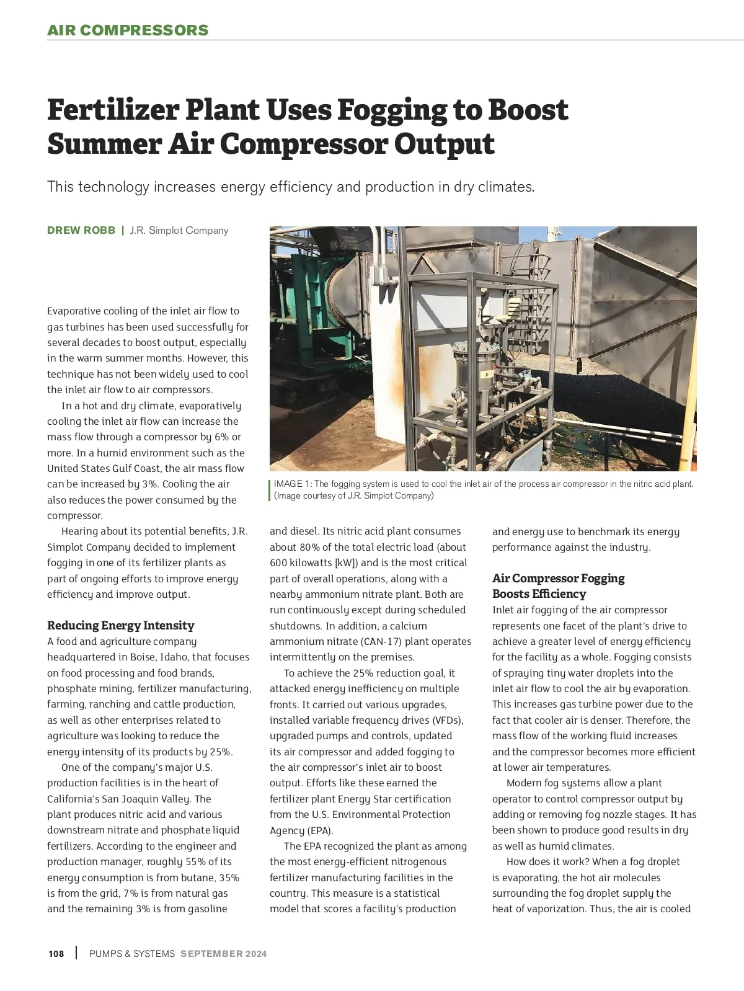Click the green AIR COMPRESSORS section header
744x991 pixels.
coord(128,30)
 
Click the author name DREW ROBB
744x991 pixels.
coord(81,231)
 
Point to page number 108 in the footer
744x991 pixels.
coord(56,954)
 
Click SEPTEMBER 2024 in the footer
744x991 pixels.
coord(224,954)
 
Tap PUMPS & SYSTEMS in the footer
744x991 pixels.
coord(132,954)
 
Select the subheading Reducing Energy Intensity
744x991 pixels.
coord(121,625)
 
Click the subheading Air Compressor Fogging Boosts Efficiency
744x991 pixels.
coord(558,586)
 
